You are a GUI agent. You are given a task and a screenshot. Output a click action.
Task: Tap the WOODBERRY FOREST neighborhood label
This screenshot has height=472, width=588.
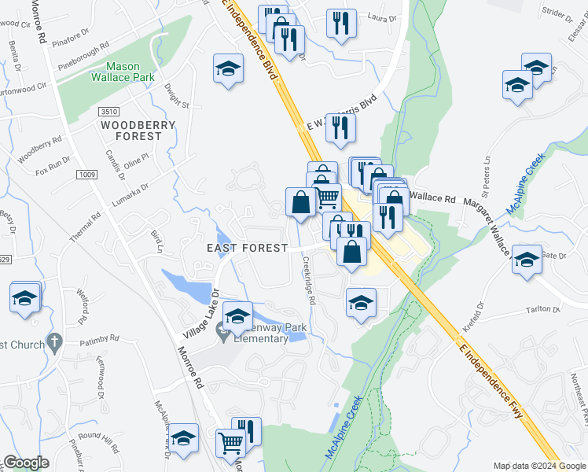coord(130,131)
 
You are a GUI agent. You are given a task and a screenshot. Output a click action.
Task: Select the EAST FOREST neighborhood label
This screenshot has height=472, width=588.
coord(247,247)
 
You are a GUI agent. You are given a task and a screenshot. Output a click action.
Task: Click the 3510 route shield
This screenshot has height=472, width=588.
coord(108,112)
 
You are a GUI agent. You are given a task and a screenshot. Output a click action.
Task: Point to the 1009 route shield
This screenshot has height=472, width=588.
coord(86,173)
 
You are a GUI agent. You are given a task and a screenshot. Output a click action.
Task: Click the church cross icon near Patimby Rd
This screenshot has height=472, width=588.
coord(53,342)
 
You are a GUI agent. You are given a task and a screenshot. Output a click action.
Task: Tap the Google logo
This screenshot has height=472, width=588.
coord(27,463)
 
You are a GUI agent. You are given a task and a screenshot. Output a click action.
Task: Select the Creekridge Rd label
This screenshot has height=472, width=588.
coord(309,278)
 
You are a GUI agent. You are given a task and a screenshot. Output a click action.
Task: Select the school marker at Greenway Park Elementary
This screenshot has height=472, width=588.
coord(237,316)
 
